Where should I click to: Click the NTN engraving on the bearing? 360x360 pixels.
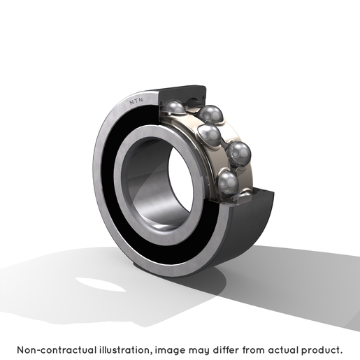coord(136,101)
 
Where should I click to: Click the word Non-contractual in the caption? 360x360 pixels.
coord(57,350)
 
